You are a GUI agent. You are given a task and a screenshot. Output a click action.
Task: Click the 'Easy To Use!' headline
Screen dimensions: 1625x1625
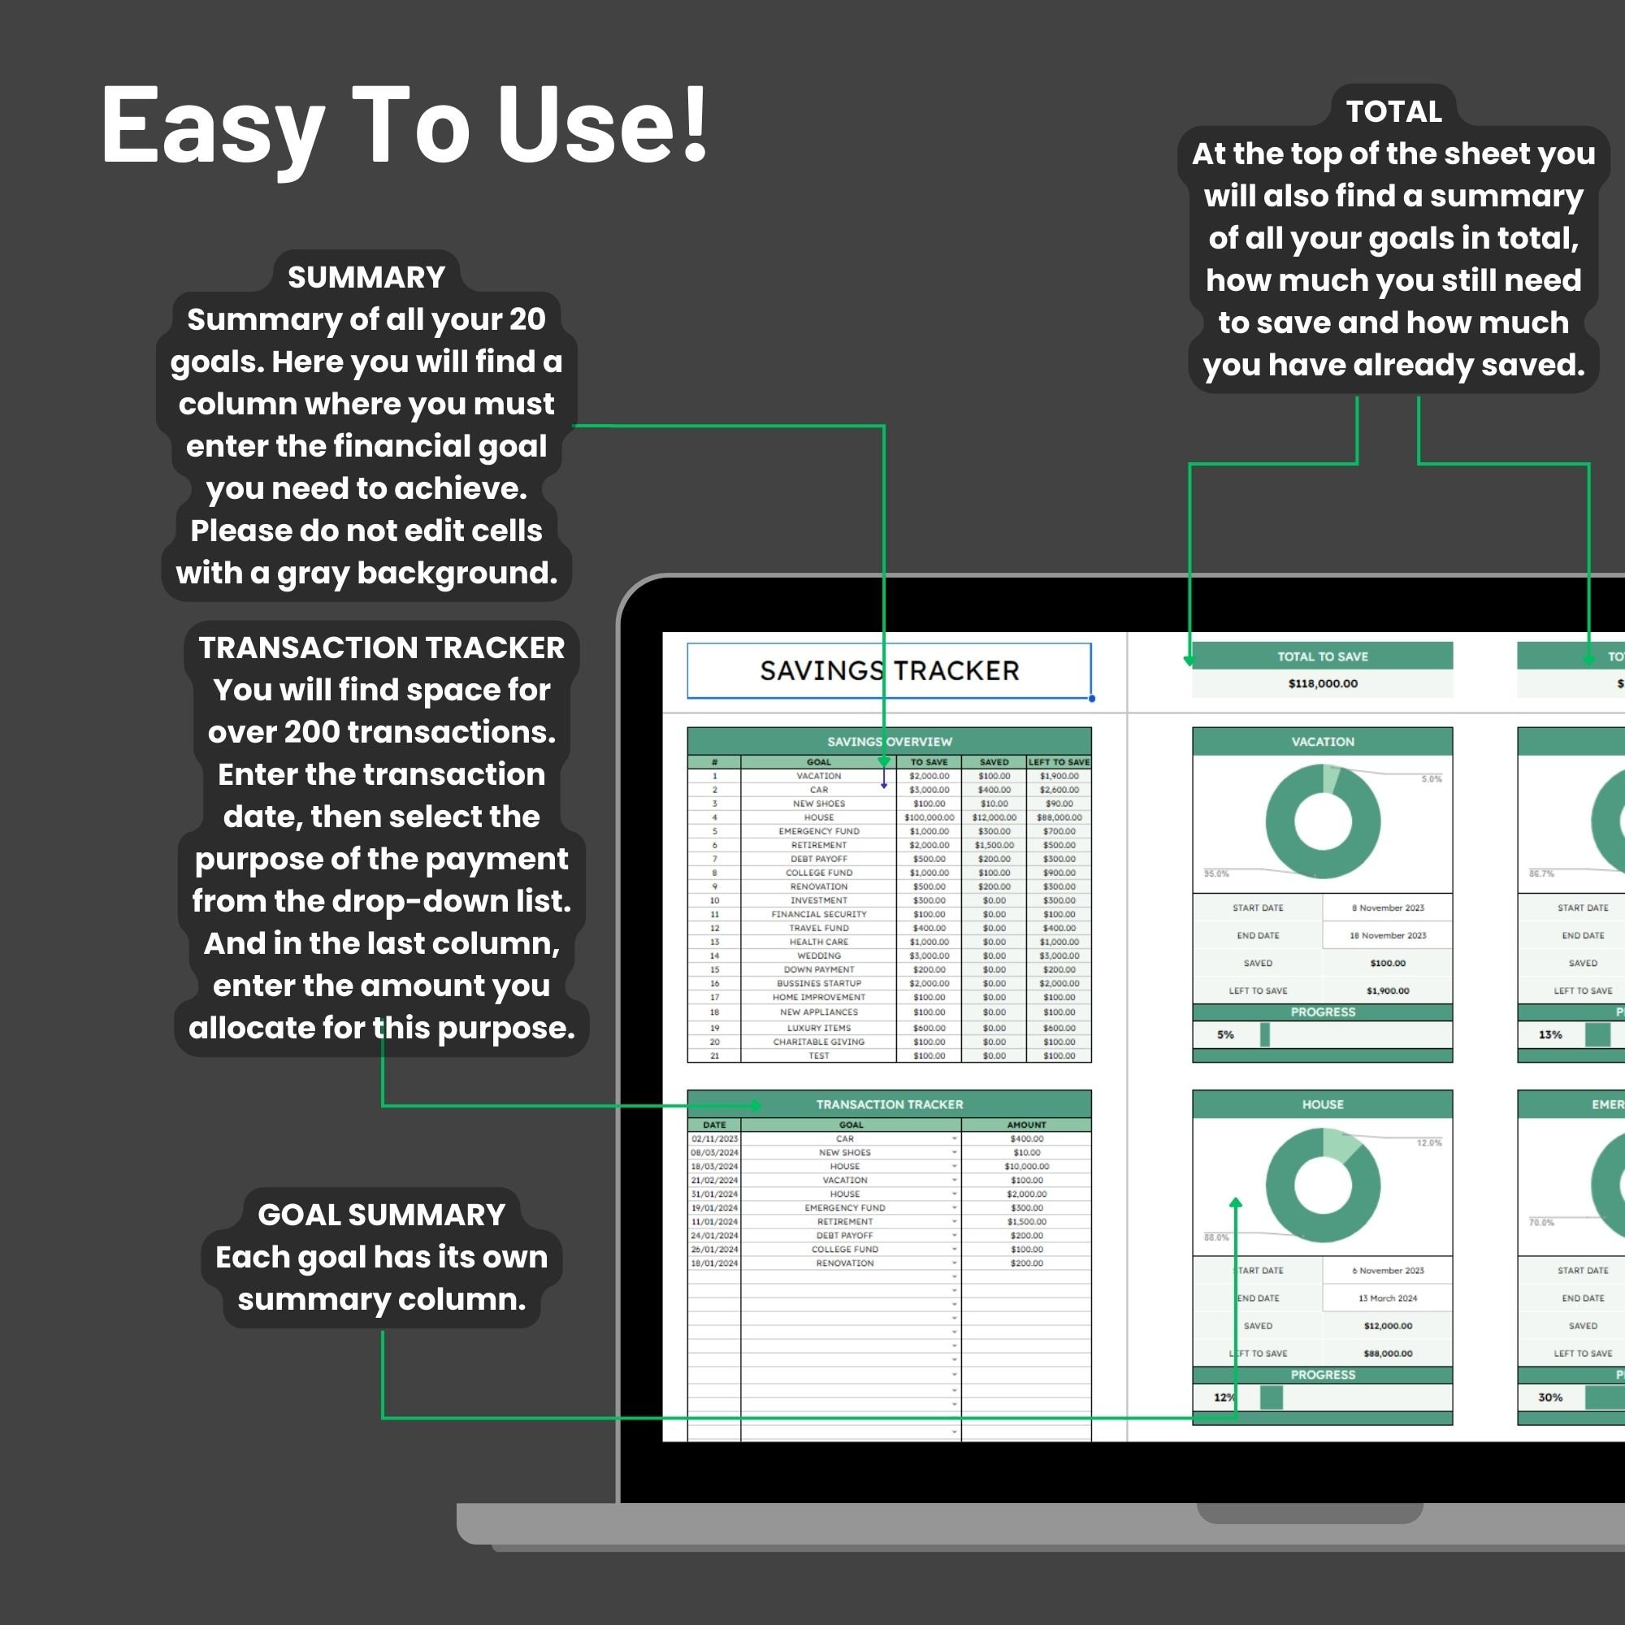[x=404, y=126]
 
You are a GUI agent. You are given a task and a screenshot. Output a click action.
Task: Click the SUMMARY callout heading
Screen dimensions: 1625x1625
[x=366, y=277]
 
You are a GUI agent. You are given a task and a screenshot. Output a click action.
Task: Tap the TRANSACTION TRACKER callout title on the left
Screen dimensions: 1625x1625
[x=381, y=647]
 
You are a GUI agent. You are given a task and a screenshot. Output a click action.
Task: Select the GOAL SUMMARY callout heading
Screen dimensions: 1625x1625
[x=381, y=1214]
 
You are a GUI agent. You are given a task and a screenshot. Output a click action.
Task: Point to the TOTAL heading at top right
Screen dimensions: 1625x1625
[x=1393, y=111]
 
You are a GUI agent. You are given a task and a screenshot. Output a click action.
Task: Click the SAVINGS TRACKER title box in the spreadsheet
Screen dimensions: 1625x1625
[x=889, y=670]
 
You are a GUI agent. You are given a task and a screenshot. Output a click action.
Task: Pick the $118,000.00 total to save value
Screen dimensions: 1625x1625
[x=1322, y=683]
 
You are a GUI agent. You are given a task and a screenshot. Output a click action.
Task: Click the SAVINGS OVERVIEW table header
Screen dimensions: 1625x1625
[x=889, y=741]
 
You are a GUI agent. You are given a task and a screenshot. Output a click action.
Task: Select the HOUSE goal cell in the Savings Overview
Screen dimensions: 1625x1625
[x=818, y=817]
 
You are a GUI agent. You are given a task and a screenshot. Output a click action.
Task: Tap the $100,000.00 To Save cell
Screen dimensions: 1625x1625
[x=929, y=817]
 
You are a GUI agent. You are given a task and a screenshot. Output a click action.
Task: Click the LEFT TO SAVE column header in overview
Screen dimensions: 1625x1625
[x=1058, y=761]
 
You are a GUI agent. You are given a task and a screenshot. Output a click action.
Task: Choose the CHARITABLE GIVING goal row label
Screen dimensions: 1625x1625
[x=818, y=1042]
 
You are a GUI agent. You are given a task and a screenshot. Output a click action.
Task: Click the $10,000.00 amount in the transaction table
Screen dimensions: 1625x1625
[x=1026, y=1166]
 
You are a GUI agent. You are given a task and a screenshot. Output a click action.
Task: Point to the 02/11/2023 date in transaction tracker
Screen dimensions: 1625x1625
[x=714, y=1138]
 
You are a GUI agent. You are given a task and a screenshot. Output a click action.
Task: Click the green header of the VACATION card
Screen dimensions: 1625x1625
[x=1322, y=741]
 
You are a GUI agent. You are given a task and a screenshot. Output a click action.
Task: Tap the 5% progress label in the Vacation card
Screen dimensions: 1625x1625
[x=1224, y=1034]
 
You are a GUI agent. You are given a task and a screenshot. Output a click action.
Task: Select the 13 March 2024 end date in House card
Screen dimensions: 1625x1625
[x=1387, y=1298]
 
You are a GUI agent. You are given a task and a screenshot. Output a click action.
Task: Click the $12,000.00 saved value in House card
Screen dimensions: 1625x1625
[x=1387, y=1325]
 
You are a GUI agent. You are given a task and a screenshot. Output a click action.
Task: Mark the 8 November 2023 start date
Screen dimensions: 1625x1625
[x=1387, y=908]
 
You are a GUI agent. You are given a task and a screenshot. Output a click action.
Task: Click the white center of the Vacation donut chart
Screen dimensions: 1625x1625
[x=1322, y=821]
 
